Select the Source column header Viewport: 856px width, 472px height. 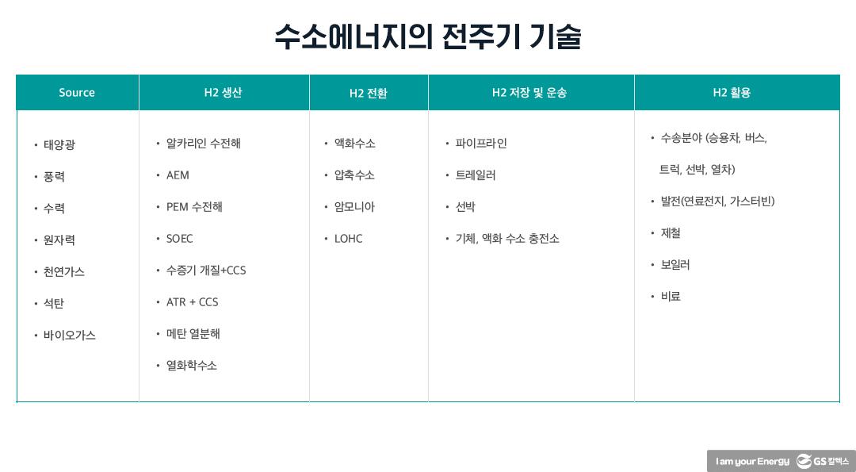pos(77,93)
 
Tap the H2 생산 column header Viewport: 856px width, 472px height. pos(223,93)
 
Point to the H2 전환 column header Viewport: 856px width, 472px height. pos(369,94)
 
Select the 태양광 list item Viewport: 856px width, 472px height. pos(59,145)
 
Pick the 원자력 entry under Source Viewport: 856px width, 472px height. pos(59,240)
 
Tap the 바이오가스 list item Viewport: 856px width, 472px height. pos(70,336)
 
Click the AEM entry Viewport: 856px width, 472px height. pos(178,175)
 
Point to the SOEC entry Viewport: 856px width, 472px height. pos(179,239)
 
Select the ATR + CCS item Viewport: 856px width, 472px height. pos(192,302)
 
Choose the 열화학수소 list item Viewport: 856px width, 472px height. pos(192,366)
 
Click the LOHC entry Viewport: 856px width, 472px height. pos(348,239)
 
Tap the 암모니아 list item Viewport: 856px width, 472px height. pos(354,207)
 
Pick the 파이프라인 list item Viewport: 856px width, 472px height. pos(481,144)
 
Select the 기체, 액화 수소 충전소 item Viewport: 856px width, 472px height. pos(507,239)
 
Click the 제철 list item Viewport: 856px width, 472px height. pos(671,233)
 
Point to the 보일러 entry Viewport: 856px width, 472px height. pos(675,265)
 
